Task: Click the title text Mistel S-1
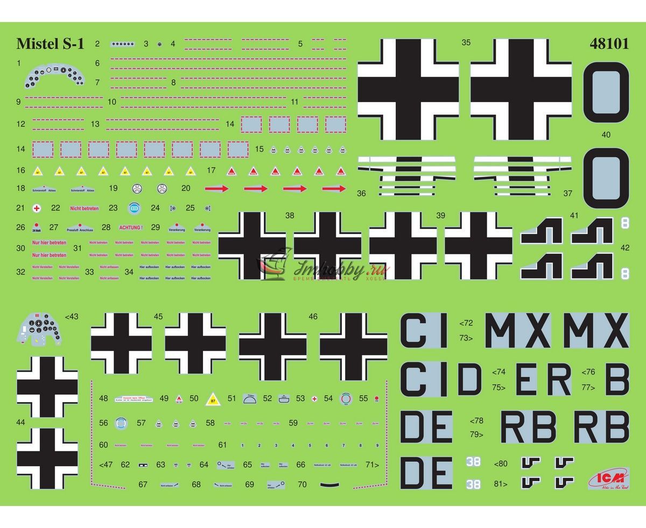pyautogui.click(x=50, y=44)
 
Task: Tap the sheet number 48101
pyautogui.click(x=609, y=44)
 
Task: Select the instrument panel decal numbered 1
pyautogui.click(x=53, y=77)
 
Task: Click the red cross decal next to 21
pyautogui.click(x=37, y=208)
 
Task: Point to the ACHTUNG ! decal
pyautogui.click(x=131, y=227)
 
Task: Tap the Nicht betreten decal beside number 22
pyautogui.click(x=85, y=208)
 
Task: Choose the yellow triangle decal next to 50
pyautogui.click(x=214, y=398)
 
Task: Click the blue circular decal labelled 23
pyautogui.click(x=134, y=208)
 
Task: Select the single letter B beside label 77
pyautogui.click(x=616, y=380)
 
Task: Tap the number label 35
pyautogui.click(x=466, y=42)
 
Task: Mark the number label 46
pyautogui.click(x=313, y=317)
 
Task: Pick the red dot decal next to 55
pyautogui.click(x=377, y=398)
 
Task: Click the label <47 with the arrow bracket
pyautogui.click(x=107, y=465)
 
